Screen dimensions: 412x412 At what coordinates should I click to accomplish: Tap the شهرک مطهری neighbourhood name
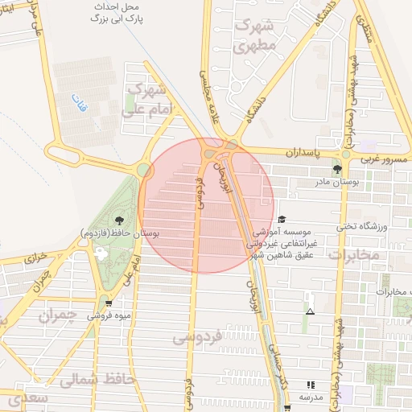(257, 35)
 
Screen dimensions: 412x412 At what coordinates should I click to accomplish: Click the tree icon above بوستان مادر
(337, 169)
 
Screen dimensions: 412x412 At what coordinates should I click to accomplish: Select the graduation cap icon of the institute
(282, 220)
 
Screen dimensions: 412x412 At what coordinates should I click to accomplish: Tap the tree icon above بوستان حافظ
(120, 218)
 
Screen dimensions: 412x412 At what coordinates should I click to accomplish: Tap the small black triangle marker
(311, 311)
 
